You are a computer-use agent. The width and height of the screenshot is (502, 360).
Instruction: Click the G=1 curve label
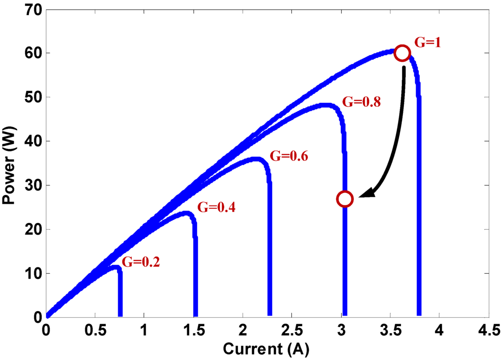(428, 43)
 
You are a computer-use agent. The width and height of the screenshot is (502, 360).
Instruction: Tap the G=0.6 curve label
(288, 157)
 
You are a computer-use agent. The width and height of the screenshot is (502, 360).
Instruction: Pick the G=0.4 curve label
(216, 208)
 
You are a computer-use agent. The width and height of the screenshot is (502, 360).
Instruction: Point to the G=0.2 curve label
(141, 262)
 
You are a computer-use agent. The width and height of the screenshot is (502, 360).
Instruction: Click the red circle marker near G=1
(402, 53)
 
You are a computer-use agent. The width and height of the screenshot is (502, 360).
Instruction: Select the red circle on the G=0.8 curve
(345, 199)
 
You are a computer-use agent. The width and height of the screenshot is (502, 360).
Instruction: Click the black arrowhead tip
(360, 197)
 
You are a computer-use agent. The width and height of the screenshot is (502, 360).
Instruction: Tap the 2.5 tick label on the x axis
(291, 329)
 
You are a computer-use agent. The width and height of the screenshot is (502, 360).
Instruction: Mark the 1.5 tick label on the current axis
(193, 329)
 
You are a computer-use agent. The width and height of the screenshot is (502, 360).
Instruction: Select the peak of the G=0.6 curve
(256, 159)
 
